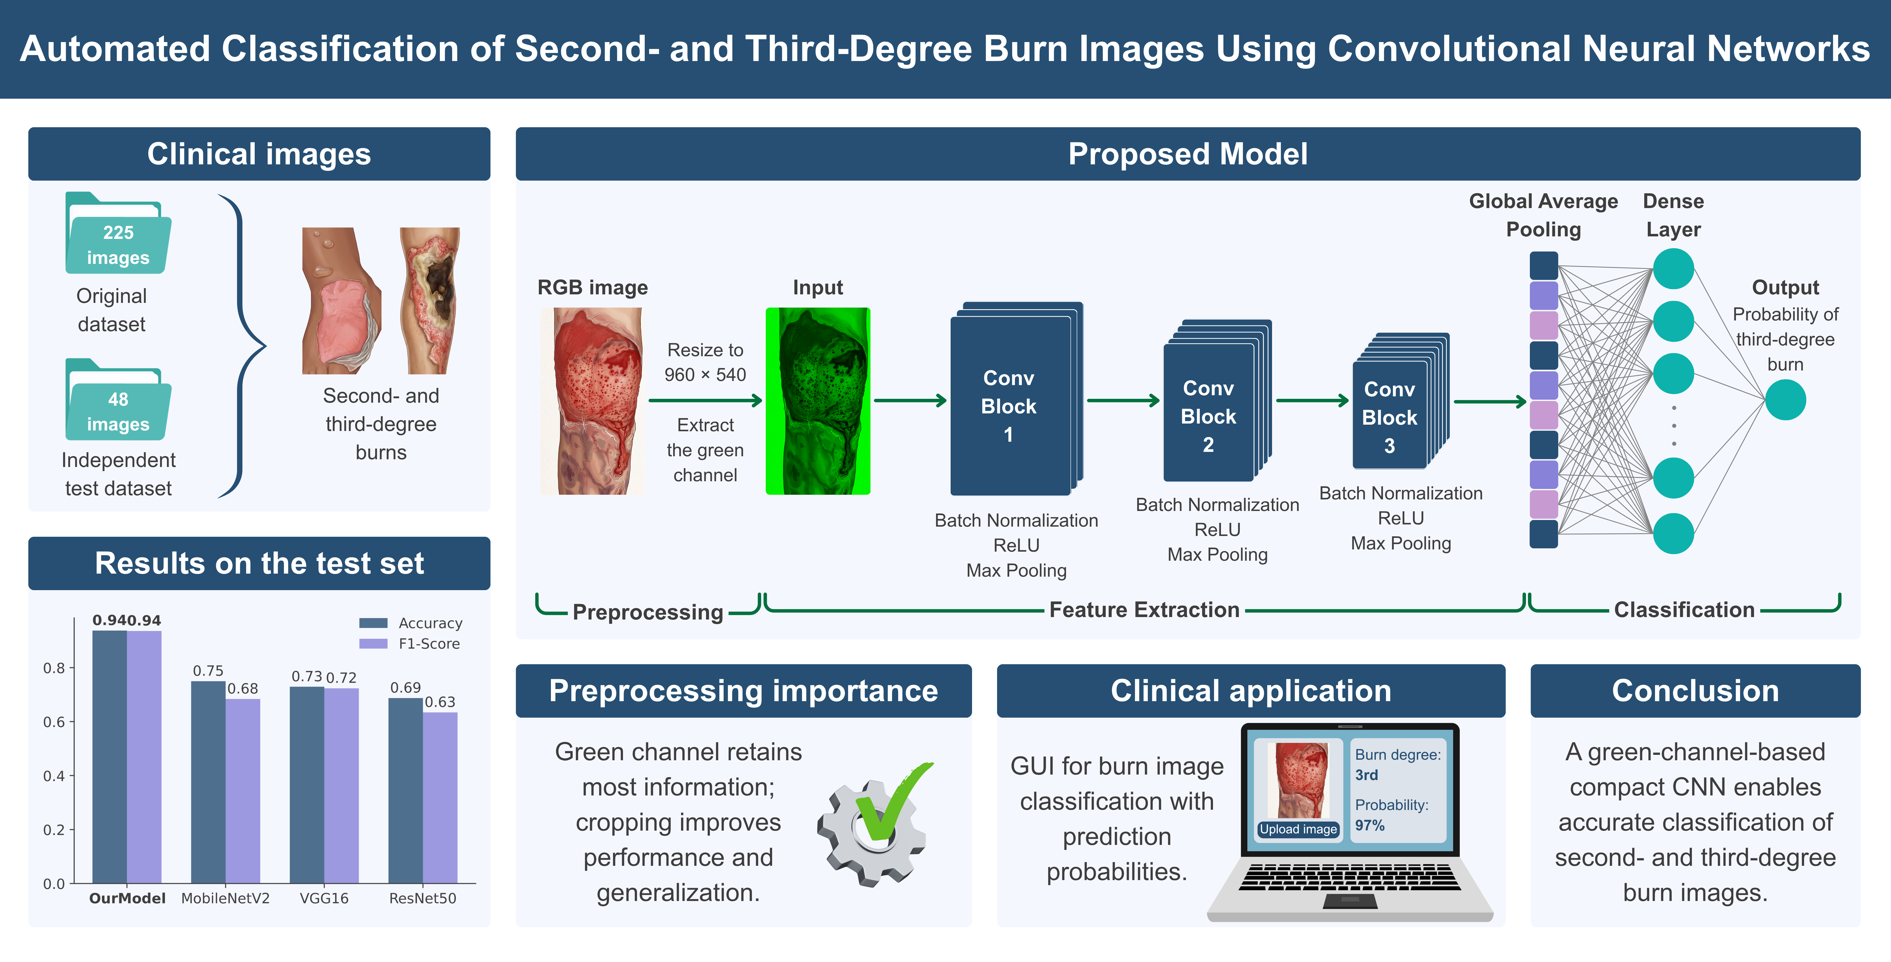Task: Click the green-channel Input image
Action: coord(818,401)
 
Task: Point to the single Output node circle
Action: coord(1785,400)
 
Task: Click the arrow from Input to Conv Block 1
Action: coord(910,401)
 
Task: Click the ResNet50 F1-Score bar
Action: coord(440,798)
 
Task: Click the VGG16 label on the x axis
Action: coord(324,898)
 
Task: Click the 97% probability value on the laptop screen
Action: coord(1370,825)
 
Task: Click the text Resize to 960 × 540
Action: coord(705,363)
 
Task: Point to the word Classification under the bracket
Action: coord(1684,610)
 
